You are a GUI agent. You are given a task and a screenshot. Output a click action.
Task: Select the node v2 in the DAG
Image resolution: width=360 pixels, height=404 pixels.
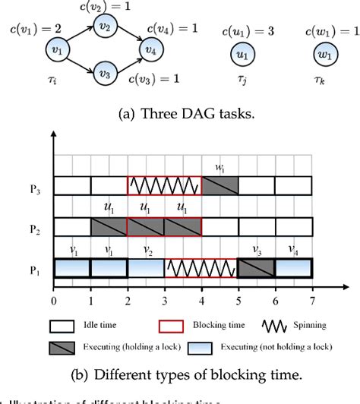pos(103,27)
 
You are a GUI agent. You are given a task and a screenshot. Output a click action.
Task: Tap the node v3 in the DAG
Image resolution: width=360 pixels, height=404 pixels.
pos(103,75)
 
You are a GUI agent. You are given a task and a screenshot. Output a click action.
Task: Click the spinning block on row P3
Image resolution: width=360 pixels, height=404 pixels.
pos(164,185)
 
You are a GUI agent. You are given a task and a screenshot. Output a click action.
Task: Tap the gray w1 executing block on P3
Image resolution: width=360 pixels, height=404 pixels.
pos(220,185)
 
